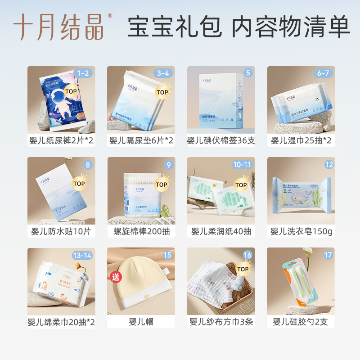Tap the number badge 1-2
(x=83, y=73)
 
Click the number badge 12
(x=329, y=164)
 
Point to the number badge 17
(x=328, y=255)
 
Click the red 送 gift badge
(x=116, y=276)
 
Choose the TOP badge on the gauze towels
(x=243, y=269)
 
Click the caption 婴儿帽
(x=141, y=322)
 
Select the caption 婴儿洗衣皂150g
(x=301, y=231)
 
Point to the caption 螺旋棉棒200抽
(x=141, y=231)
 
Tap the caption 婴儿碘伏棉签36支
(x=221, y=140)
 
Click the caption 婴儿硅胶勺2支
(x=301, y=322)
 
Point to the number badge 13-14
(x=82, y=255)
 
